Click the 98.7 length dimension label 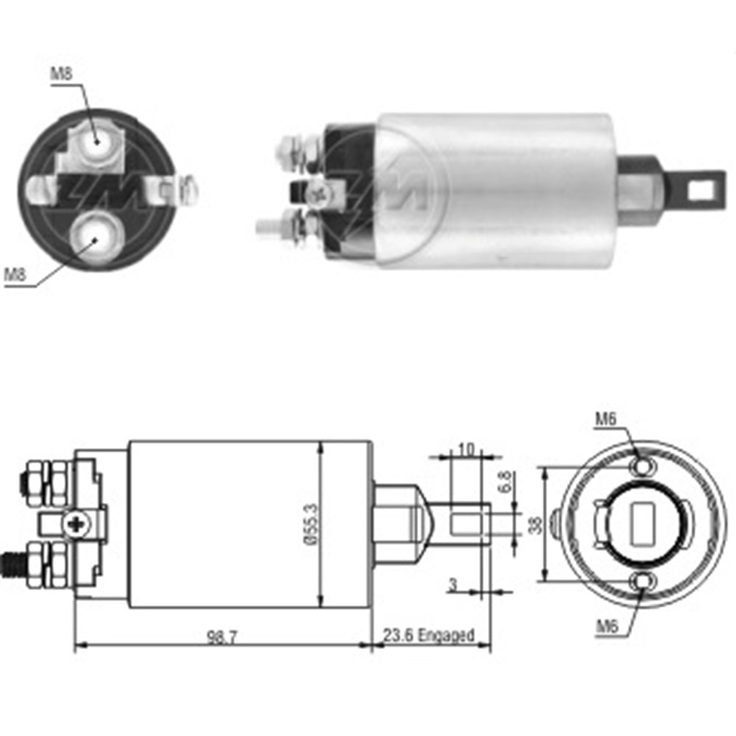click(222, 637)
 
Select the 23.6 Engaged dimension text click(428, 635)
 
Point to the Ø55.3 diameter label click(311, 524)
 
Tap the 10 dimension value click(466, 450)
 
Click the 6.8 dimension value click(506, 482)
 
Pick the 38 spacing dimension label click(535, 525)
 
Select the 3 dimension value click(453, 584)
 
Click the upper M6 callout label click(606, 419)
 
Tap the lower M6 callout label click(607, 626)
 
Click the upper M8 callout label click(62, 74)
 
